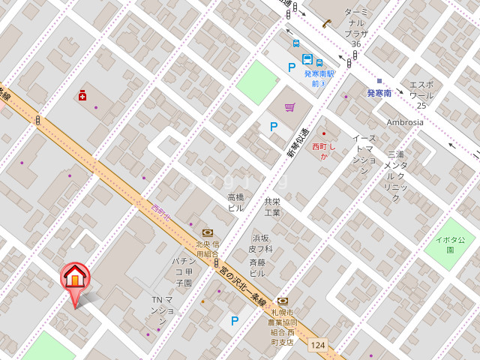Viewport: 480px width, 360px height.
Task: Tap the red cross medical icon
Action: pos(82,95)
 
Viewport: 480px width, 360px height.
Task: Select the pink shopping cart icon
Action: pos(289,107)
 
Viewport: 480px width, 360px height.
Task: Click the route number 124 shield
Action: pos(318,345)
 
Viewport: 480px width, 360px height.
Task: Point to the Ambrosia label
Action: pos(405,122)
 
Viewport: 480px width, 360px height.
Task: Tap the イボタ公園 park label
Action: pos(451,244)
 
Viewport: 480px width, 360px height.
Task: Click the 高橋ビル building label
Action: pos(235,202)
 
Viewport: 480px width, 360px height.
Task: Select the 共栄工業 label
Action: pos(272,207)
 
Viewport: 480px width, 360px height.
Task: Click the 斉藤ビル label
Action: pos(257,268)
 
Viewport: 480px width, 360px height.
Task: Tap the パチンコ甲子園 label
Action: pos(184,271)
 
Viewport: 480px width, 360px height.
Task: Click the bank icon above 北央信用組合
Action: pos(208,232)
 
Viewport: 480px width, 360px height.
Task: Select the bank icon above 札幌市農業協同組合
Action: pos(282,301)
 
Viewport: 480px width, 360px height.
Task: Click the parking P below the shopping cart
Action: pos(274,127)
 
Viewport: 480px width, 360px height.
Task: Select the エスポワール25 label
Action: pos(421,94)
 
